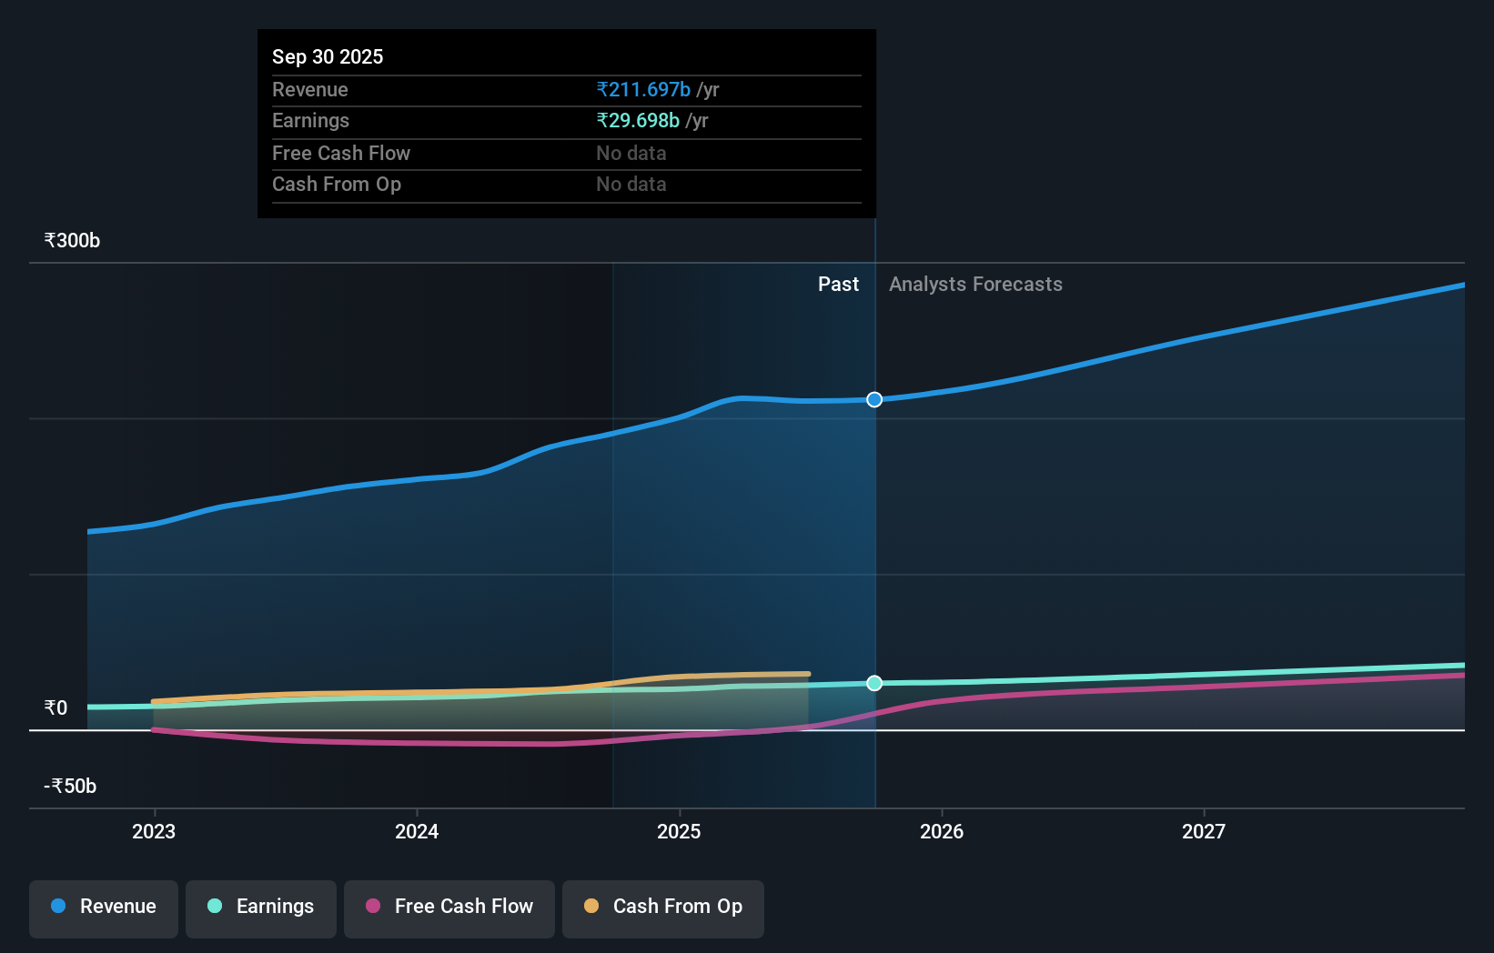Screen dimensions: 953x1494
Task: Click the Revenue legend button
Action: (x=104, y=907)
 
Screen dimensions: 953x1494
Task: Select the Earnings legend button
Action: (x=261, y=907)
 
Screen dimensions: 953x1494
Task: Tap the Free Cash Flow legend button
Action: (x=449, y=907)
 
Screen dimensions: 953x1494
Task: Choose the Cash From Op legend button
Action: (x=663, y=907)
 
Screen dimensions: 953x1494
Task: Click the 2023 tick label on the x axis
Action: (x=154, y=831)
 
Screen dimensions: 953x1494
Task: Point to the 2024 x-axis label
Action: (x=417, y=831)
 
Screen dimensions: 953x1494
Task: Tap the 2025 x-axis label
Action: (x=679, y=831)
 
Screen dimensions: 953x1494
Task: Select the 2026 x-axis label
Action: (x=942, y=831)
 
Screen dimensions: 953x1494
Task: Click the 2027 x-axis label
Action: (x=1204, y=831)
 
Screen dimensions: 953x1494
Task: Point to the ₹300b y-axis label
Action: (x=73, y=241)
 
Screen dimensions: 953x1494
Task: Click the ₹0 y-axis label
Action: (x=56, y=707)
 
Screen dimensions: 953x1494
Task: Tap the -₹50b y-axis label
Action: (x=70, y=786)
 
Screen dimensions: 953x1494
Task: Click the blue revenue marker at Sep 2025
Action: (x=874, y=399)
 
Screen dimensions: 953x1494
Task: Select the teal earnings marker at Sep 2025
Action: (x=874, y=683)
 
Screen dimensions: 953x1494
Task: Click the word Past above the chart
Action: (x=838, y=285)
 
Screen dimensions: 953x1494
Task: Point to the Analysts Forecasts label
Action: (x=975, y=285)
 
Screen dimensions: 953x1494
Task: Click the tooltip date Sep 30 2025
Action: (x=328, y=56)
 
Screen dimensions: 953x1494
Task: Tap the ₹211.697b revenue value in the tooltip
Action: (x=643, y=89)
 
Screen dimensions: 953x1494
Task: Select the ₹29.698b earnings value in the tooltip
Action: (x=638, y=120)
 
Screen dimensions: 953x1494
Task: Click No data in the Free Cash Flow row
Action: (x=631, y=153)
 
